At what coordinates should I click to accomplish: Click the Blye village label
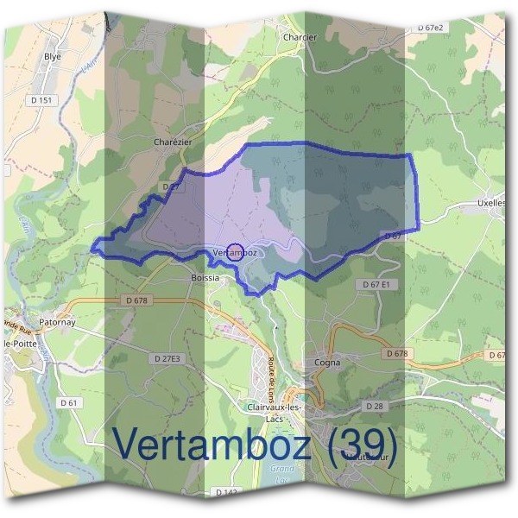click(53, 57)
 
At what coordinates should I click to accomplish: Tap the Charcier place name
click(300, 37)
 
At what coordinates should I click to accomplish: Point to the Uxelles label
click(490, 205)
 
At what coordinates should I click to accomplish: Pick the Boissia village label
click(205, 278)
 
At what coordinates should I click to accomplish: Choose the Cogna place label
click(327, 363)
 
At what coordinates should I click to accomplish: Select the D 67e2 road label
click(429, 28)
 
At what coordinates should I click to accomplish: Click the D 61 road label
click(70, 402)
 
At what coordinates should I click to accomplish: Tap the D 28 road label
click(374, 405)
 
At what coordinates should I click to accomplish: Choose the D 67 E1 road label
click(376, 284)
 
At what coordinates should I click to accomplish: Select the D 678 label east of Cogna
click(396, 353)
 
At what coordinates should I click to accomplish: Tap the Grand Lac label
click(281, 473)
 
